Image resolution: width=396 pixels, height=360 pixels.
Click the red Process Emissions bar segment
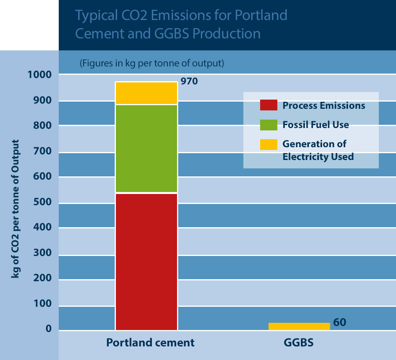coord(146,262)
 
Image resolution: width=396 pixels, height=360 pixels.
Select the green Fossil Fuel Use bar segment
coord(146,149)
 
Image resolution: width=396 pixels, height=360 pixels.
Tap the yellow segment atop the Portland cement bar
coord(146,93)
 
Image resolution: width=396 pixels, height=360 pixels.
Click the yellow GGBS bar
coord(299,326)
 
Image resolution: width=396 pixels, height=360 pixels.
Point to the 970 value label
coord(189,81)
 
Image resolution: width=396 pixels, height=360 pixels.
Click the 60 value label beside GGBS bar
coord(339,322)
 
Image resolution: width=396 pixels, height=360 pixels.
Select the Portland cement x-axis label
coord(150,343)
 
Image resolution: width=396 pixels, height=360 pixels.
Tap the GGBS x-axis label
coord(298,343)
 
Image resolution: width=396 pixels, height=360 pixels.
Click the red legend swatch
coord(269,105)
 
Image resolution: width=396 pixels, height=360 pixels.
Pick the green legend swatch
coord(269,124)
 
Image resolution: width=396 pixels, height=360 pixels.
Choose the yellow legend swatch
coord(269,144)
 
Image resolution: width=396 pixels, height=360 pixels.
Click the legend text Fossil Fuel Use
coord(316,125)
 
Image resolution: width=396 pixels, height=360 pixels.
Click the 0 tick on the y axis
coord(49,329)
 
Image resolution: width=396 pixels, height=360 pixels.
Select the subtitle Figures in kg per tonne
coord(151,63)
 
